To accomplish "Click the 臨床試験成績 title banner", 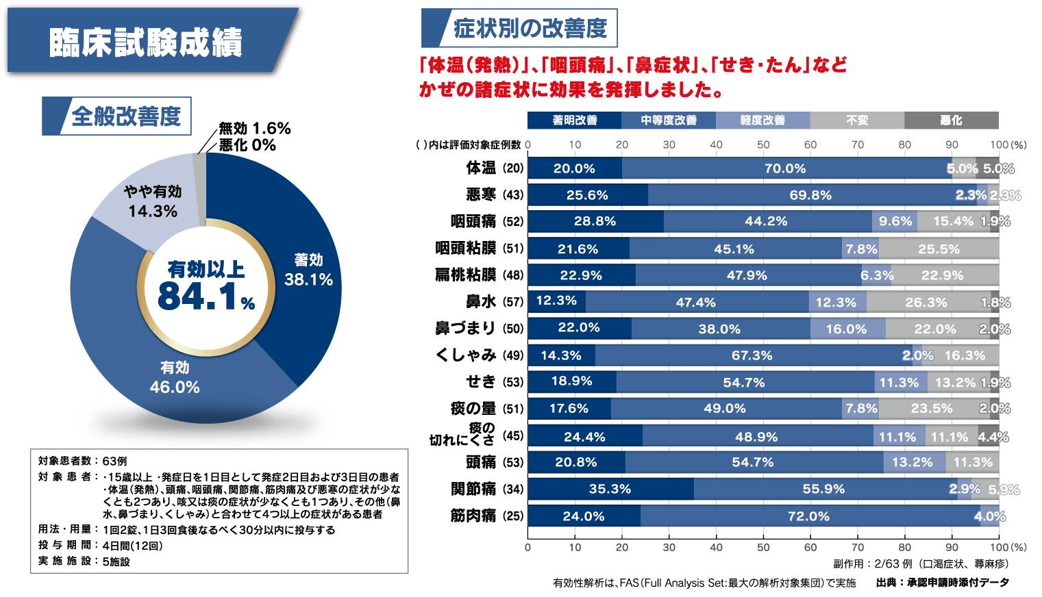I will (146, 42).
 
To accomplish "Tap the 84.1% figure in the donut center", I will (206, 296).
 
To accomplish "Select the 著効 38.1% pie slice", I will (308, 270).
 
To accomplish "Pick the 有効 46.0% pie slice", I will (175, 377).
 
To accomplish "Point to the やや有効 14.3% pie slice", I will (152, 201).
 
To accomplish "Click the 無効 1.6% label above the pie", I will (254, 129).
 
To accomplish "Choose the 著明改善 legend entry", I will (574, 120).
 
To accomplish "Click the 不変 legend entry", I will (856, 120).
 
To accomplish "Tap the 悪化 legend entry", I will (951, 120).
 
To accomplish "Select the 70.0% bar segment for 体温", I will (786, 168).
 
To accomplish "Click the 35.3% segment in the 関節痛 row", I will (610, 489).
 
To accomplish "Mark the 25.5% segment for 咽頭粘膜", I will (939, 249).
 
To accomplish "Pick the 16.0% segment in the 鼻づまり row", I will (847, 329).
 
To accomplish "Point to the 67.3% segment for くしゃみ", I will (752, 355).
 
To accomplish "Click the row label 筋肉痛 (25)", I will (486, 516).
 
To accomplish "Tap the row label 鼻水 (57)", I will (494, 301).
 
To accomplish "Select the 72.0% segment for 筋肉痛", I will (809, 516).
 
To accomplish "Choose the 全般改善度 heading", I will (125, 116).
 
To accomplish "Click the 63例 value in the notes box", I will (115, 461).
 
